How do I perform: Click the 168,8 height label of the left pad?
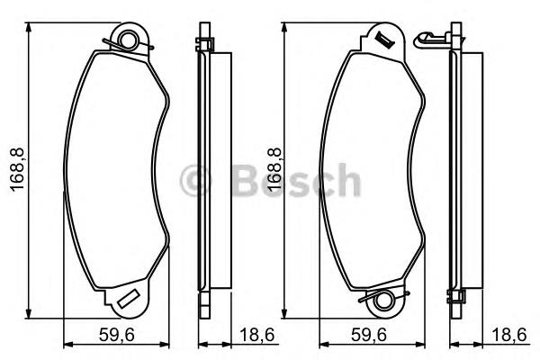[x=17, y=169]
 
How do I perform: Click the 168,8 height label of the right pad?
[x=275, y=169]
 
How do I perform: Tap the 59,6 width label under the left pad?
[x=116, y=335]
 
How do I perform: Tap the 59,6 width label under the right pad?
[x=369, y=335]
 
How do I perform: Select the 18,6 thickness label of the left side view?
[x=256, y=335]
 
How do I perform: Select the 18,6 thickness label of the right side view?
[x=509, y=335]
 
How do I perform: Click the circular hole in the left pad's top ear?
[x=129, y=40]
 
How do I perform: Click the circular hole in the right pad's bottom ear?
[x=383, y=301]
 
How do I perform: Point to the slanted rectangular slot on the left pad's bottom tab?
[x=129, y=299]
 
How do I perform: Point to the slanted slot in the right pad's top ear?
[x=383, y=39]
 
